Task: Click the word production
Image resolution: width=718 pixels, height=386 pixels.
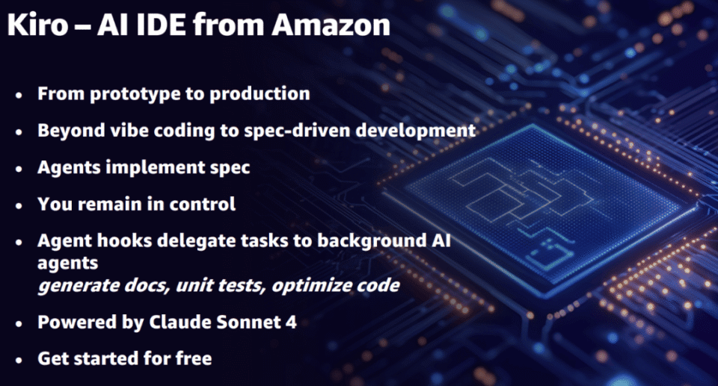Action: tap(258, 94)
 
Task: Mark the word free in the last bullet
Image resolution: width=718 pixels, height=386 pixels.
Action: tap(194, 358)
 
